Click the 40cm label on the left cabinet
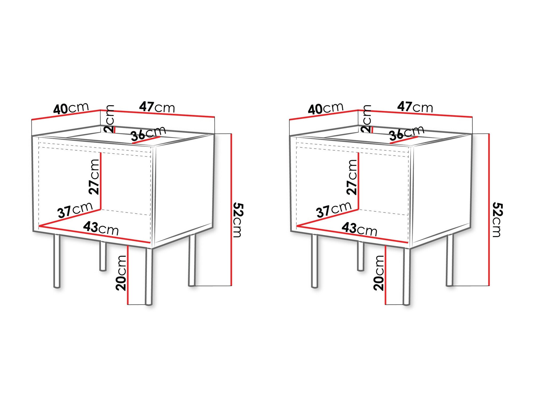tap(71, 108)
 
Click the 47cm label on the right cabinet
tap(415, 107)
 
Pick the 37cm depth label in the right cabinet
tap(333, 209)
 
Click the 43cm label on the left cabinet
tap(101, 228)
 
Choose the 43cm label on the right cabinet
tap(359, 229)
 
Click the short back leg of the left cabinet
tap(103, 256)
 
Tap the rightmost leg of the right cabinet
tap(450, 260)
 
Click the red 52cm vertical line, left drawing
tap(231, 209)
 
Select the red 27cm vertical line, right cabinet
tap(358, 181)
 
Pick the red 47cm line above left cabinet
tap(158, 113)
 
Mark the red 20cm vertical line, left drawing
tap(128, 275)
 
